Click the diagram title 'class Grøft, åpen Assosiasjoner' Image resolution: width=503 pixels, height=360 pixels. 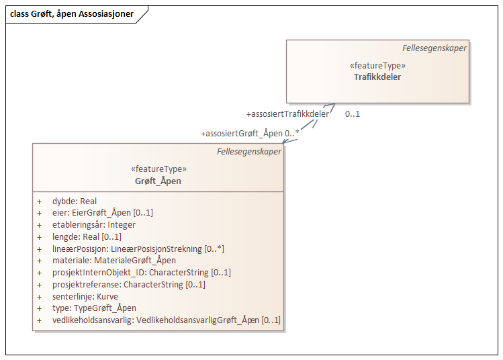tap(72, 14)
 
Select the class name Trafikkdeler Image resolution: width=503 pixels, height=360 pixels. tap(377, 77)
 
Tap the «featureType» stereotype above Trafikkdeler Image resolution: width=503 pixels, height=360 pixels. tap(377, 66)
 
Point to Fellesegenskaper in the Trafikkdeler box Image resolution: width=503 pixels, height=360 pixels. tap(435, 48)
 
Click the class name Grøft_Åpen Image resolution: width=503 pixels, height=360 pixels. tap(158, 181)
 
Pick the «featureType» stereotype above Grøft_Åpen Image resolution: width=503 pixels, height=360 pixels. tap(158, 169)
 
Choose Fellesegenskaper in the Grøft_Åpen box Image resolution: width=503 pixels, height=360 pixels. tap(249, 152)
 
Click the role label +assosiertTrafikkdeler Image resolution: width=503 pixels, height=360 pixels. tap(287, 114)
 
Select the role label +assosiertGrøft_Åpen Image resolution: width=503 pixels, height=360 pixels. tap(242, 133)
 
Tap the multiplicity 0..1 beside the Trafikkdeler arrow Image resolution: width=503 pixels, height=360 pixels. tap(353, 114)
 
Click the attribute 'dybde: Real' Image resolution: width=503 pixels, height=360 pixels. tap(75, 201)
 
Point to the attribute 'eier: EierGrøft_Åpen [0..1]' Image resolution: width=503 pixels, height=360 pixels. tap(103, 213)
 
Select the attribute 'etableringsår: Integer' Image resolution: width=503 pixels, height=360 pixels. tap(94, 225)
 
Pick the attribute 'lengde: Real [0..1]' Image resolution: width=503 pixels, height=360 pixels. tap(87, 236)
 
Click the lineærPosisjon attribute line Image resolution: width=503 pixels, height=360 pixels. tap(138, 249)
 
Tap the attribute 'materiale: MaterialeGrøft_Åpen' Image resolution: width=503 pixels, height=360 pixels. tap(114, 261)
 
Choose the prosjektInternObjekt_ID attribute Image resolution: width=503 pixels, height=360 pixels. tap(142, 273)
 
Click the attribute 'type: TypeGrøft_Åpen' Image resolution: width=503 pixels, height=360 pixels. tap(95, 308)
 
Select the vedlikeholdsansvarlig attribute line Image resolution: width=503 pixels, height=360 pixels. tap(167, 320)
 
